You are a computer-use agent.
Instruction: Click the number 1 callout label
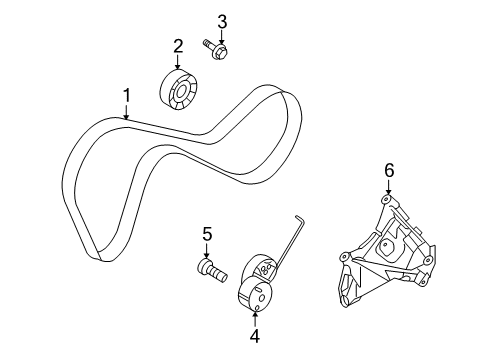tap(127, 96)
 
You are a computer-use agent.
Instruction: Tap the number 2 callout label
tap(178, 45)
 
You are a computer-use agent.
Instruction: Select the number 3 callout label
tap(222, 21)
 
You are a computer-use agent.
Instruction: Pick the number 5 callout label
tap(207, 234)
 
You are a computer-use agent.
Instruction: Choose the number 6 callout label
tap(389, 171)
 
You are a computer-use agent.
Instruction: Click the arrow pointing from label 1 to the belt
tap(127, 112)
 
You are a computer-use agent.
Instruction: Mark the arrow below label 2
tap(178, 62)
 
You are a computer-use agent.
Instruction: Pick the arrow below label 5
tap(207, 249)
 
